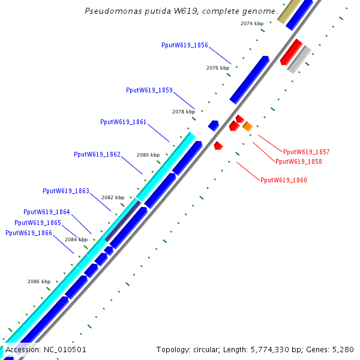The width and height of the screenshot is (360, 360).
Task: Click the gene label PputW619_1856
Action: pos(185,46)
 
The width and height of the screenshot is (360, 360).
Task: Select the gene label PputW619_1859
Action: pos(149,91)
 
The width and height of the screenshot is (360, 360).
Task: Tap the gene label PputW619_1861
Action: pos(124,122)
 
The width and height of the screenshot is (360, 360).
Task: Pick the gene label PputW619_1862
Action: pos(97,155)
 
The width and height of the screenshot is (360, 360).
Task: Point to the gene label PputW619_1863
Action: pos(66,191)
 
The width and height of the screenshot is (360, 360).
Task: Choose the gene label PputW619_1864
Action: pos(47,212)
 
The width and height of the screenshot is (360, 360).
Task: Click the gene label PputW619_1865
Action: pos(38,223)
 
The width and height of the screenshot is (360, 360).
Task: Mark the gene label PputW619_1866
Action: pos(28,233)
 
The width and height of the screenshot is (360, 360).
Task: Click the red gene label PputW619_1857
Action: pos(306,152)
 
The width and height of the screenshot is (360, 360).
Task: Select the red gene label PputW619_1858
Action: pos(298,162)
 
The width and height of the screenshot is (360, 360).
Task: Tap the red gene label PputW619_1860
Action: pos(284,180)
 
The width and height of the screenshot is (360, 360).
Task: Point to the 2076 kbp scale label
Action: pos(218,68)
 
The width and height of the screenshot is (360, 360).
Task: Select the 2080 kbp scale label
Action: pos(148,155)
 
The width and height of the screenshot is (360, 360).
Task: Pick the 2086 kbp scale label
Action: pos(39,281)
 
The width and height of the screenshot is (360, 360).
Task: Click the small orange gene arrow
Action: pos(247,126)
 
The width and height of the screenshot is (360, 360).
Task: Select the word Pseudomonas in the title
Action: pos(110,11)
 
